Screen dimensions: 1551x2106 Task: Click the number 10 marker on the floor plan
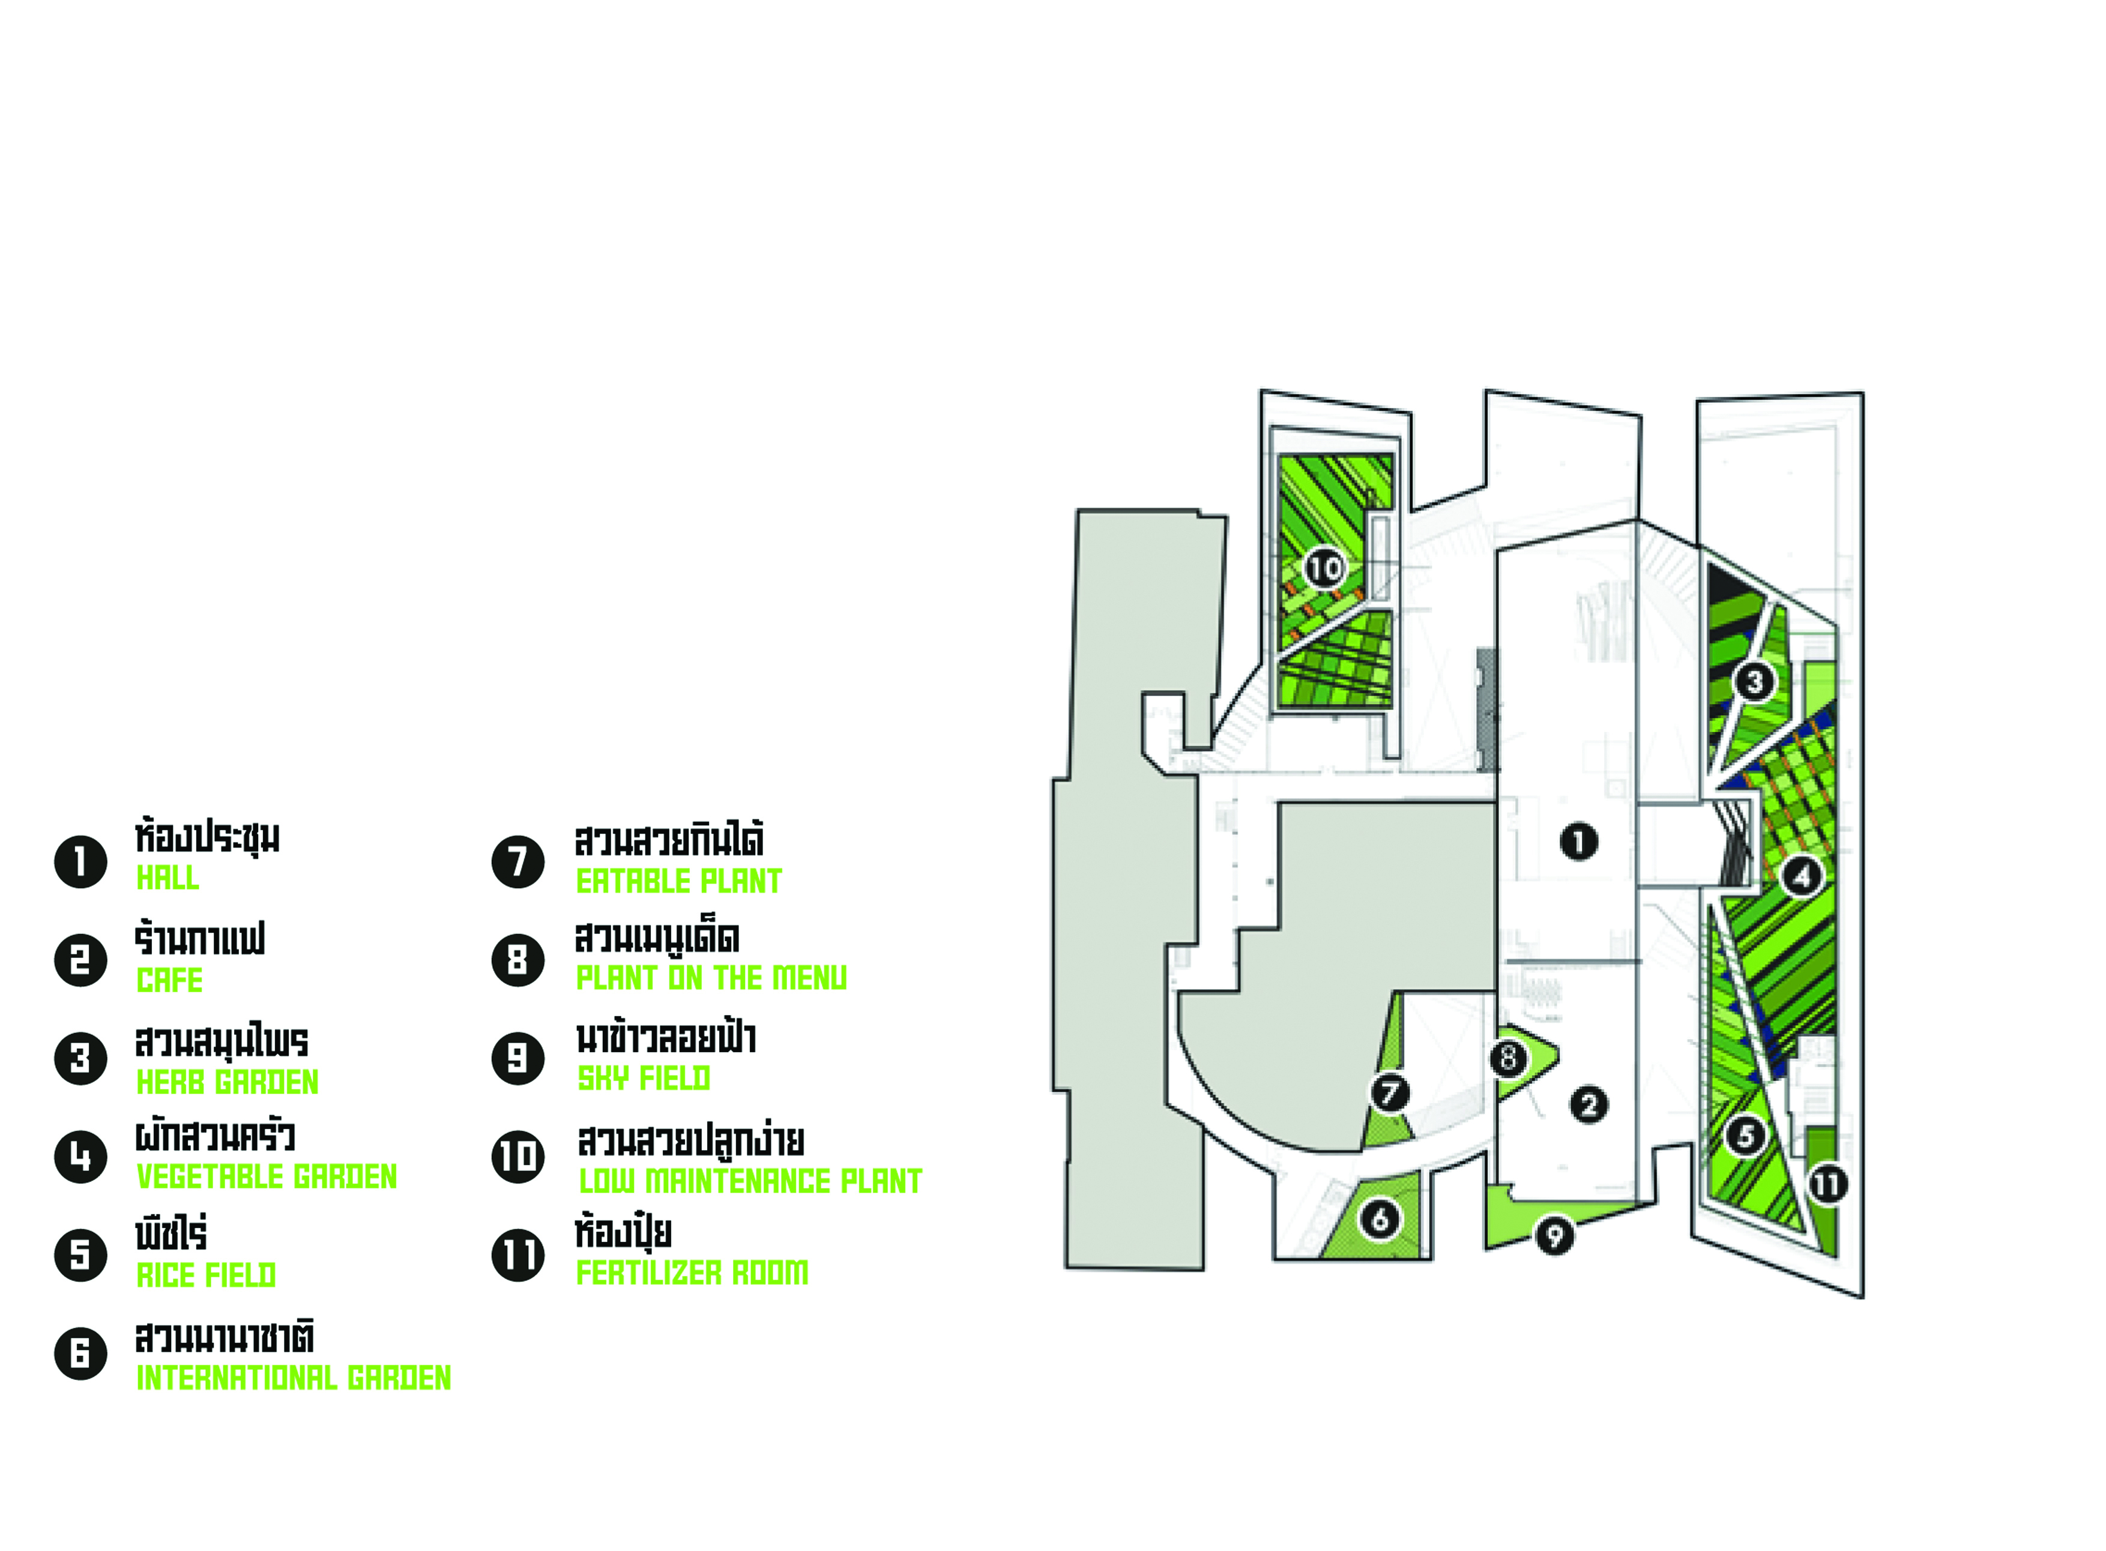click(x=1324, y=568)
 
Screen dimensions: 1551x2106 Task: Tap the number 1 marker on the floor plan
click(x=1578, y=841)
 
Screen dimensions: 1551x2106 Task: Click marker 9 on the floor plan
click(x=1554, y=1235)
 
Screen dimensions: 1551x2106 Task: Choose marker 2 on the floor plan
click(x=1589, y=1105)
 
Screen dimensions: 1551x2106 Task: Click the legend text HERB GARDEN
click(x=227, y=1082)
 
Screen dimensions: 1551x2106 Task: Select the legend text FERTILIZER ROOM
click(x=692, y=1273)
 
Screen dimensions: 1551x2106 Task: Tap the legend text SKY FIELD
click(x=643, y=1079)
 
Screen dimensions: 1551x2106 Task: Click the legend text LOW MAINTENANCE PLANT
click(x=750, y=1181)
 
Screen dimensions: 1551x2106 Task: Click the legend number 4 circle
click(x=81, y=1157)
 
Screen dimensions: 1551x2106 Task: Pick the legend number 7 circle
click(x=518, y=862)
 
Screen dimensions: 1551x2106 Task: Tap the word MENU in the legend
click(x=809, y=978)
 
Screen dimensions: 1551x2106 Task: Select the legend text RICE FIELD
click(x=207, y=1275)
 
